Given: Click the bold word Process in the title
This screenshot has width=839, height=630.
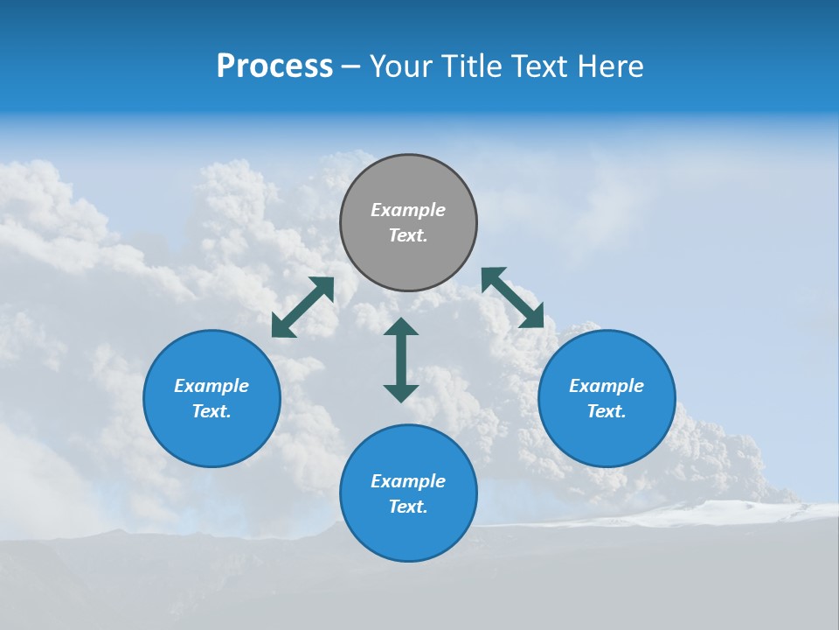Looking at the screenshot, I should (274, 66).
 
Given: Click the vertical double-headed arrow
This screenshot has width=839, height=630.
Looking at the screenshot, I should (401, 360).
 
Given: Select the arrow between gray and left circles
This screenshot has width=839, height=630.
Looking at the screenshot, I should (302, 307).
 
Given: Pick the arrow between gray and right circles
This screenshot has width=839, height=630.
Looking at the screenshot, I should (512, 297).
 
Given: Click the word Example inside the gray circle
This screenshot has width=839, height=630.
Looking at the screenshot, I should (408, 210).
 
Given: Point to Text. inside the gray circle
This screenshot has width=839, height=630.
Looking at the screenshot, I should (408, 235).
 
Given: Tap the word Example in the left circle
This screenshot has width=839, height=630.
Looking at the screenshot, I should (211, 386).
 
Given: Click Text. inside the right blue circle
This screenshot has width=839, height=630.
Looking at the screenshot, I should (607, 411).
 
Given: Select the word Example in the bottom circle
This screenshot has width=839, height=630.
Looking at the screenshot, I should (408, 481).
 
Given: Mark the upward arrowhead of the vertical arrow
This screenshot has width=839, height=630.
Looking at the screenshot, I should (401, 326).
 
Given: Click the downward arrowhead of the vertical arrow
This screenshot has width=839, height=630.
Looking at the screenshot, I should (401, 393).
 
